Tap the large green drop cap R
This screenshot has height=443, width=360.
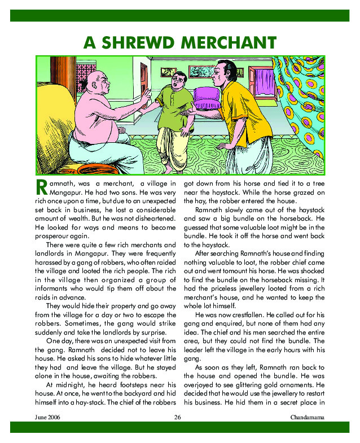click(x=40, y=187)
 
